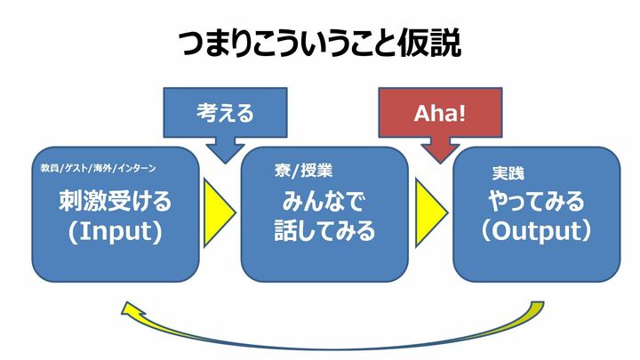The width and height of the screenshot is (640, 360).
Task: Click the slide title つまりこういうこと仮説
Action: (320, 42)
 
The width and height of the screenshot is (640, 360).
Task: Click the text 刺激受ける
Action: (115, 202)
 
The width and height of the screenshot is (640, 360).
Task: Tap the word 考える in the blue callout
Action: (225, 114)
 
